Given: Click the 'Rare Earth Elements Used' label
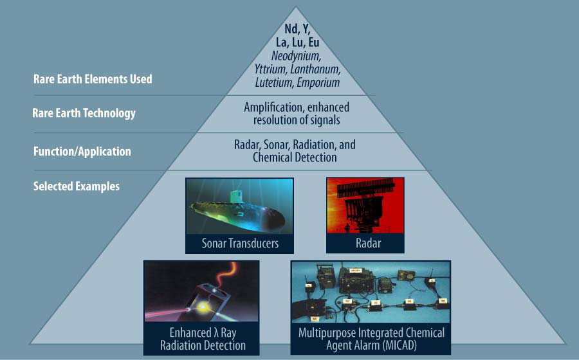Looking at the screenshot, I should click(x=93, y=80).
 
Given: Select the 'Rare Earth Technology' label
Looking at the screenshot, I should click(x=84, y=114).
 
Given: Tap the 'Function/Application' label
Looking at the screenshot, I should click(x=82, y=152).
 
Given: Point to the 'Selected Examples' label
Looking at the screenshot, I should click(x=77, y=187).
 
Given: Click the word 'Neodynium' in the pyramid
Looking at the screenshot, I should click(x=296, y=56).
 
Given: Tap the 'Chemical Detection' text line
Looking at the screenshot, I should click(x=295, y=157).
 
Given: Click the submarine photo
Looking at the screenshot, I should click(x=239, y=207).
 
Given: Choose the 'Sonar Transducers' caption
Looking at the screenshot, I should click(x=239, y=244).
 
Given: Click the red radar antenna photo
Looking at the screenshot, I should click(x=365, y=206).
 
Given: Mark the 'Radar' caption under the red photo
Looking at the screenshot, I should click(x=365, y=244).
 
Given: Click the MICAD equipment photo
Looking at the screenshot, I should click(x=371, y=292).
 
